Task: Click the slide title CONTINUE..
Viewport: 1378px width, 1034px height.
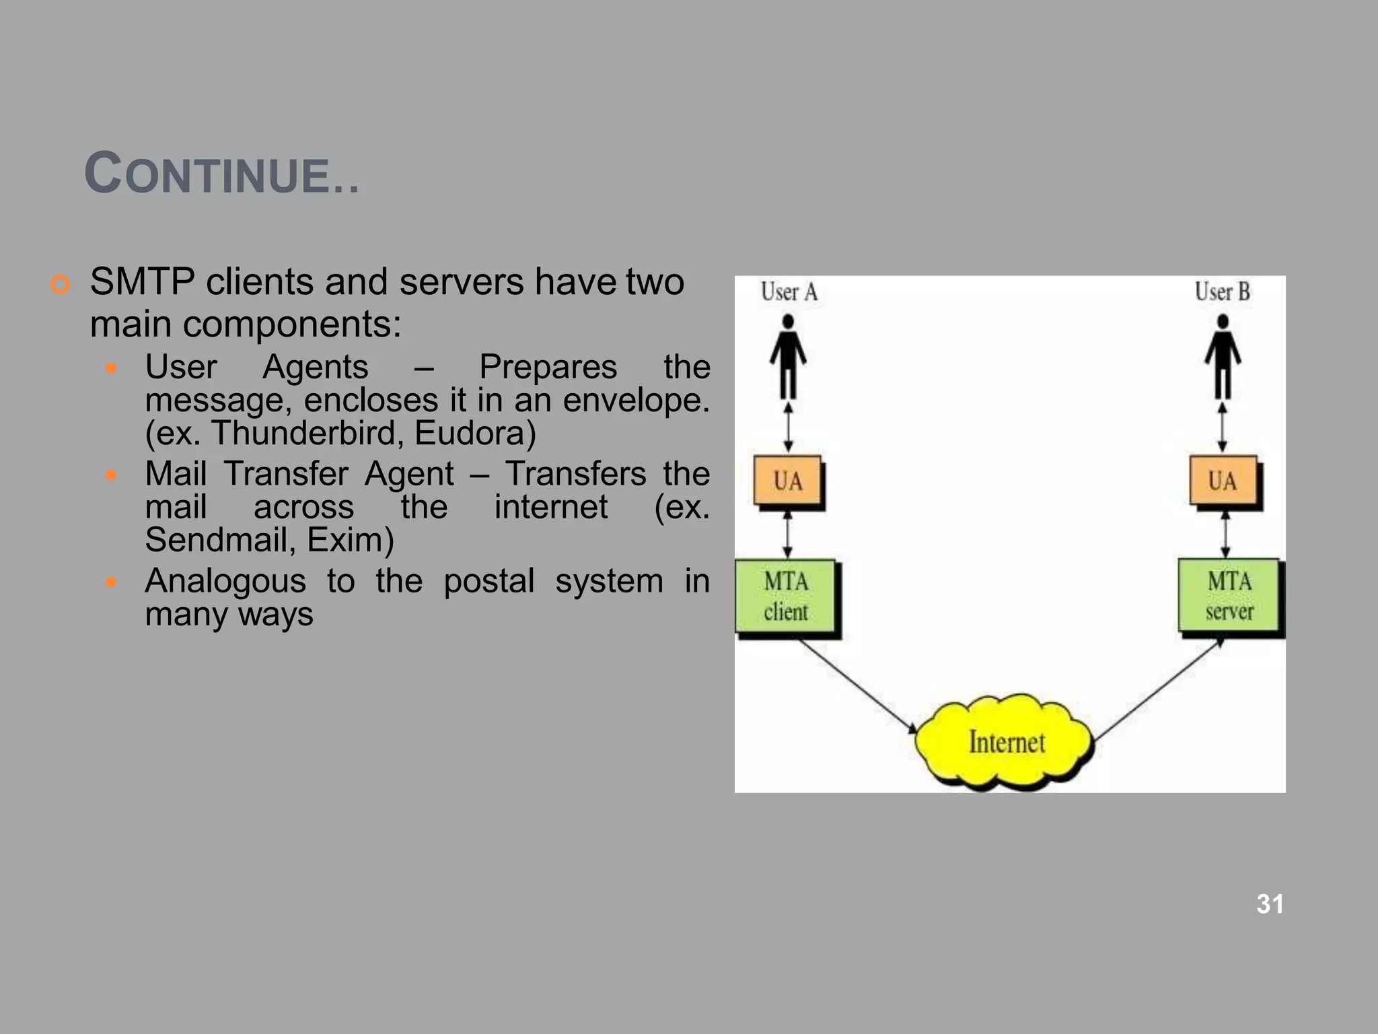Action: click(221, 174)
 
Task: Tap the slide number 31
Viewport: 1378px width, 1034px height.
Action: click(1270, 904)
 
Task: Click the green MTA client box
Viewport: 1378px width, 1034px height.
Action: click(785, 596)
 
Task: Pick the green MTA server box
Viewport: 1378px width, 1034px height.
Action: click(1229, 596)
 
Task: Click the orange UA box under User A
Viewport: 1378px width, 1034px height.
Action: click(787, 481)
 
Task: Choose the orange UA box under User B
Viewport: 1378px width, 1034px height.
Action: click(1222, 481)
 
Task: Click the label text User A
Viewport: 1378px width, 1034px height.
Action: click(789, 292)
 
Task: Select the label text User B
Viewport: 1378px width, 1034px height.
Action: click(1222, 292)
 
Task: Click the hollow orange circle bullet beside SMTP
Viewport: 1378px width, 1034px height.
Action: click(60, 285)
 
